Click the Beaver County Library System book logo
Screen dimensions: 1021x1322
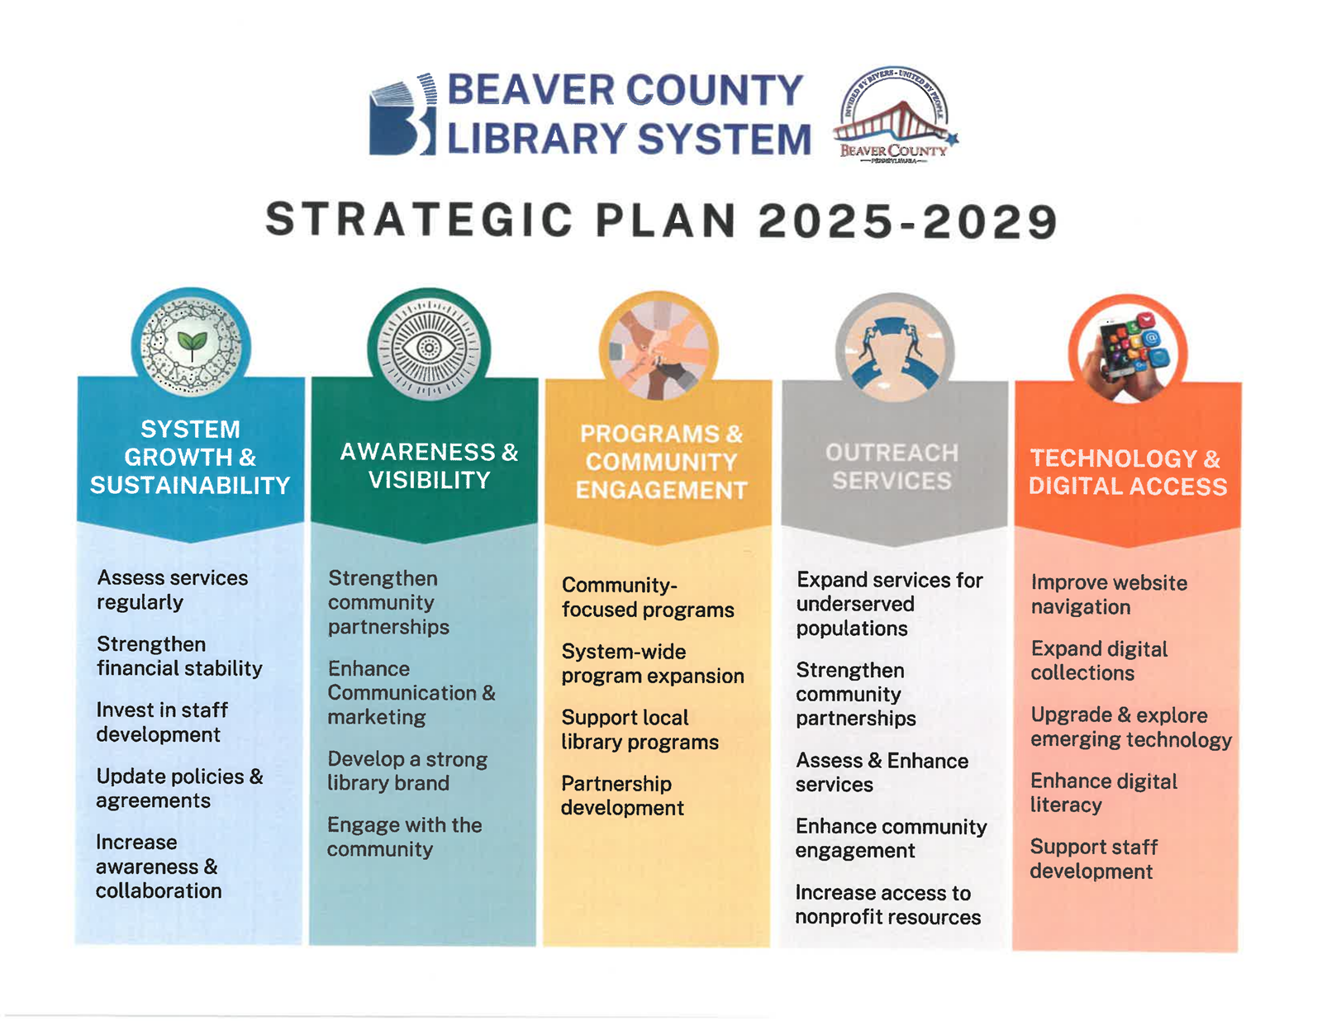pos(402,116)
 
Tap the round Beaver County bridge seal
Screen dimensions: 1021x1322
pos(894,116)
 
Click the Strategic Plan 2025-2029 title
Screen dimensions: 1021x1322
pos(661,221)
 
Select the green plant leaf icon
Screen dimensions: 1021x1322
pos(192,344)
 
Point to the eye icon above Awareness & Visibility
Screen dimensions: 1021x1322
pos(428,348)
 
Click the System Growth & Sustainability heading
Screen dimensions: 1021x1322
pos(190,457)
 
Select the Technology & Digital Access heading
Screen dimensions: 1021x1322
pos(1127,473)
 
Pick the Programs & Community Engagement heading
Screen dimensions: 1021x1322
pos(661,462)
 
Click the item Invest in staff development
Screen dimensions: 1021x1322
pos(162,722)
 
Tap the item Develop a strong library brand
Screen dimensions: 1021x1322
pos(407,771)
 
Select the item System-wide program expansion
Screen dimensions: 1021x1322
pos(652,663)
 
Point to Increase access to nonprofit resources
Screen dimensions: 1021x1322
pos(887,905)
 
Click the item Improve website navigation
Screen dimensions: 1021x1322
pos(1108,595)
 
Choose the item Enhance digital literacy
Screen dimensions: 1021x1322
pos(1103,793)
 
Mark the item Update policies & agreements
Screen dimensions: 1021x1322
pos(178,788)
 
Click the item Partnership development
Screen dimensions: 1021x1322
pos(621,795)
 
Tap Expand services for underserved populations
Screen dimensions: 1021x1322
pos(889,604)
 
